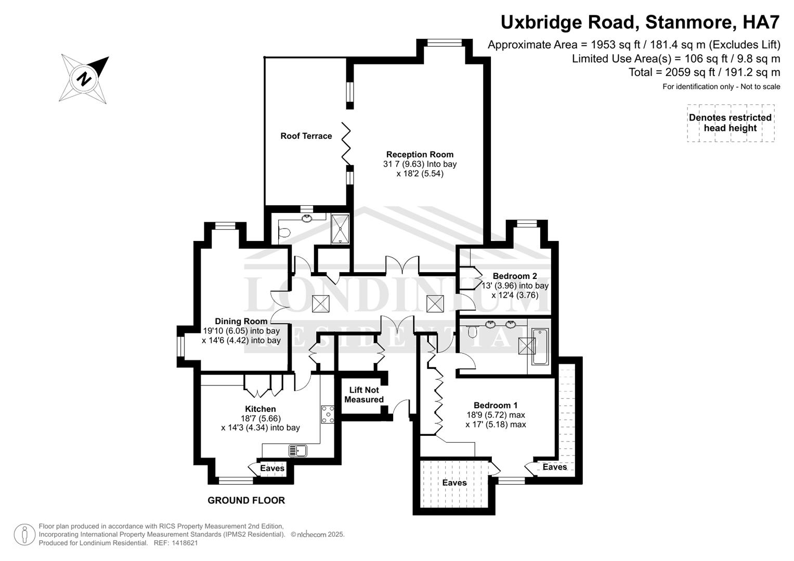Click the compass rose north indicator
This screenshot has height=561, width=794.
click(84, 79)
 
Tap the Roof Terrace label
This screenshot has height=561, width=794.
click(306, 136)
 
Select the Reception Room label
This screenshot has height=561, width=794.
click(420, 154)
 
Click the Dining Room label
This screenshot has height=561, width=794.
click(241, 322)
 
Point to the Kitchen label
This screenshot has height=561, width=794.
click(260, 409)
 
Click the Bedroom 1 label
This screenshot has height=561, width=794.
click(495, 405)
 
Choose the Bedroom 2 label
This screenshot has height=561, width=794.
click(514, 276)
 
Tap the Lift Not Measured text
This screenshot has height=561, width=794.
click(364, 395)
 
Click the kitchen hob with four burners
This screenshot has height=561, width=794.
click(328, 415)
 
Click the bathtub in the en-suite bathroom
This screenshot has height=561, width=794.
click(540, 346)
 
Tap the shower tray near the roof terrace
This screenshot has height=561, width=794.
click(340, 228)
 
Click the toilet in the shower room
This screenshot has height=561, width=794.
click(284, 233)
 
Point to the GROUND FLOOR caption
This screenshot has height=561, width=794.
click(246, 501)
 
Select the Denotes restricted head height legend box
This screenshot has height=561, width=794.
click(730, 123)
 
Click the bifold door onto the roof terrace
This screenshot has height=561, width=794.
click(346, 144)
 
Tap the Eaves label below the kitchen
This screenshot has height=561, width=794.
click(272, 469)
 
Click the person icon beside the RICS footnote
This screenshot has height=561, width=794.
click(24, 535)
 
